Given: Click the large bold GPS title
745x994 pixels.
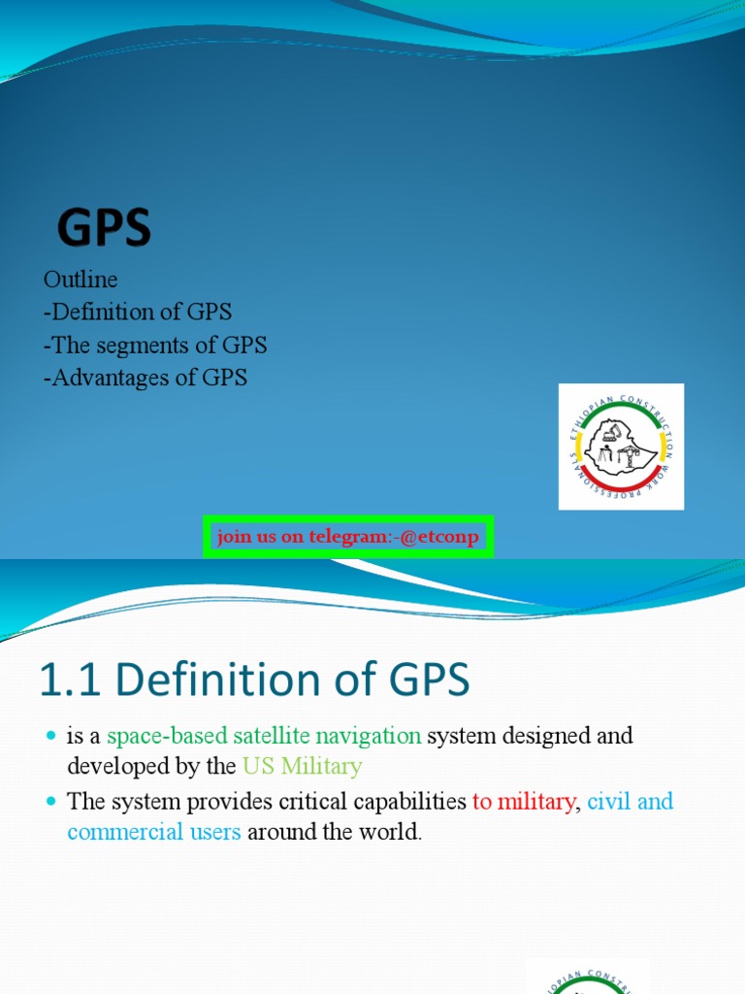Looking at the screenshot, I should pyautogui.click(x=104, y=230).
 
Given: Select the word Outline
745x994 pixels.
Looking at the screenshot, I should pyautogui.click(x=81, y=280).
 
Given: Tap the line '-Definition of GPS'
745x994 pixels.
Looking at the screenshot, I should pyautogui.click(x=138, y=313).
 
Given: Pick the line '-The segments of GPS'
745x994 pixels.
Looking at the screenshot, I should pyautogui.click(x=155, y=346).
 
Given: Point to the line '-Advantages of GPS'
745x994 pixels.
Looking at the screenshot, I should pyautogui.click(x=146, y=379).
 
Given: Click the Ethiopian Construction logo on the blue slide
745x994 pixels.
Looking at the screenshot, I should pyautogui.click(x=621, y=447).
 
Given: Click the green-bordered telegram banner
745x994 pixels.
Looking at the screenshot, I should pyautogui.click(x=348, y=537).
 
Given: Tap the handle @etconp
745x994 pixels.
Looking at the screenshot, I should pyautogui.click(x=438, y=537).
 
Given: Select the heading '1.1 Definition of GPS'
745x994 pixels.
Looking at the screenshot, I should pyautogui.click(x=254, y=681).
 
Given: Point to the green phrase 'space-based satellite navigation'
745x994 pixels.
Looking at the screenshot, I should pyautogui.click(x=264, y=736).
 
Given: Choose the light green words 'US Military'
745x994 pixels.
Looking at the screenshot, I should pyautogui.click(x=303, y=766).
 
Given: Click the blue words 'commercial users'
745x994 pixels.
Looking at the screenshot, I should pyautogui.click(x=154, y=832).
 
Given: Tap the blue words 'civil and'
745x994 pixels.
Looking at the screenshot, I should pyautogui.click(x=631, y=802).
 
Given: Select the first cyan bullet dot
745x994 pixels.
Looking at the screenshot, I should pyautogui.click(x=51, y=737).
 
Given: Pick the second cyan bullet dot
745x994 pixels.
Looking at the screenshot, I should pyautogui.click(x=51, y=803).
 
